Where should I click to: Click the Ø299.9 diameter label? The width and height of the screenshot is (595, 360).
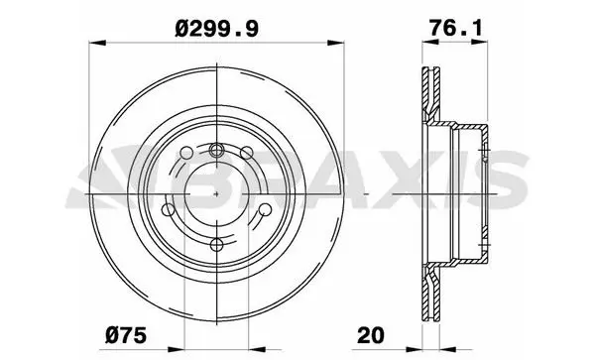pos(216,29)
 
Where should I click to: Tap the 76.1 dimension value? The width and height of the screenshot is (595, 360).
pos(456,28)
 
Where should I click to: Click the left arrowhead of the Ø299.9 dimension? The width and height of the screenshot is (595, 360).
pos(97,43)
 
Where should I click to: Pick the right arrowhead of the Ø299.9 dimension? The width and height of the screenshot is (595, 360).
pos(336,43)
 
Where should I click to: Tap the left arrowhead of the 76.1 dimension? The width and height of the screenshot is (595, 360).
pos(430,43)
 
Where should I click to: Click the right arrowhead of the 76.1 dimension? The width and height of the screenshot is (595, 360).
pos(479,43)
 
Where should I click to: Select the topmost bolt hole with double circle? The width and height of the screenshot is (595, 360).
pos(216,150)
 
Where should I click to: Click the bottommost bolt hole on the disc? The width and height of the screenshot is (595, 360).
pos(216,245)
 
